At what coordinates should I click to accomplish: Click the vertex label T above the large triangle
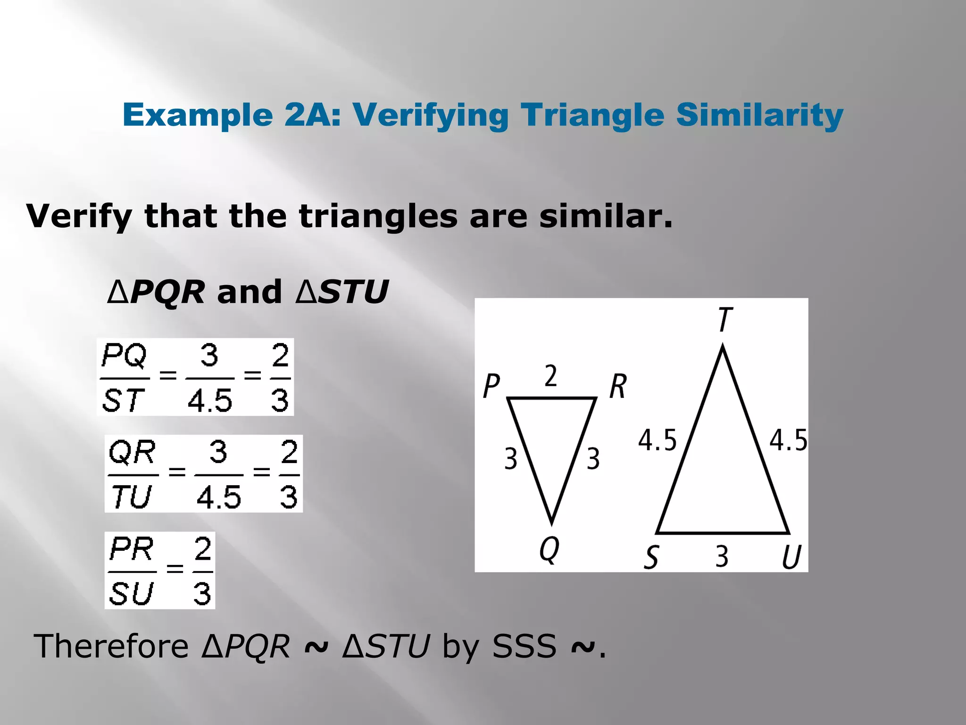725,320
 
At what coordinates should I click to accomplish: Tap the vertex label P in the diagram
491,386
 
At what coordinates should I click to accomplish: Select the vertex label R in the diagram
618,386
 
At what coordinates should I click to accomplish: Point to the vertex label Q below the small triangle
550,549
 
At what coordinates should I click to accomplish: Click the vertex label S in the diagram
651,557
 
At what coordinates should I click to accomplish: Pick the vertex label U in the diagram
791,557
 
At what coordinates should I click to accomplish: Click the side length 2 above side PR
551,376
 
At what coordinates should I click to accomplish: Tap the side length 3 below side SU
722,556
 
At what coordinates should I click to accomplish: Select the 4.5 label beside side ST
657,440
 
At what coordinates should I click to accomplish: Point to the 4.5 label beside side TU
788,440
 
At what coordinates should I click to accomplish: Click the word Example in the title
198,115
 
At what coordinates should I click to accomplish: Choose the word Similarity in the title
759,115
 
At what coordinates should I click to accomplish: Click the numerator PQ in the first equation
124,356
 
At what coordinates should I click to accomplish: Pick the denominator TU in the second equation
131,497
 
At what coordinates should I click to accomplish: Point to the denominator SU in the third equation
131,593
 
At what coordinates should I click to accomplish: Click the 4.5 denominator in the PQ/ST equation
210,401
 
